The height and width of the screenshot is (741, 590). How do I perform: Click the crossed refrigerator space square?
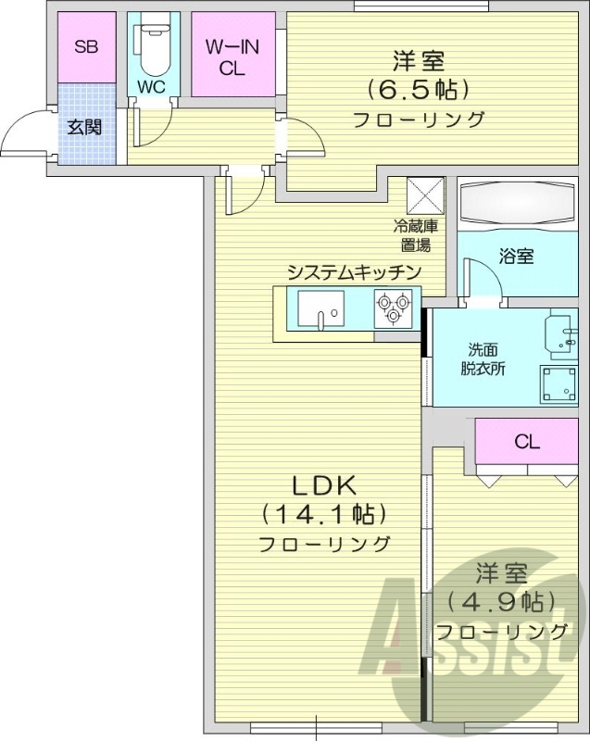(428, 195)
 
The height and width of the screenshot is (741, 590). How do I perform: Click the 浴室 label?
(516, 257)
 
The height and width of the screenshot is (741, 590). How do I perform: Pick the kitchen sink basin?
(320, 308)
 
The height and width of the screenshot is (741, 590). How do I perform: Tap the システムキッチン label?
(354, 271)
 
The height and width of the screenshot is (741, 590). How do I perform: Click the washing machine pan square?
(561, 383)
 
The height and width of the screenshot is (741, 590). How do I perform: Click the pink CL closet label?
(526, 442)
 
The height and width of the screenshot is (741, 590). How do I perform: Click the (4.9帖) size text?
(501, 602)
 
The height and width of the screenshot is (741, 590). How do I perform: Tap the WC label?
(150, 87)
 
